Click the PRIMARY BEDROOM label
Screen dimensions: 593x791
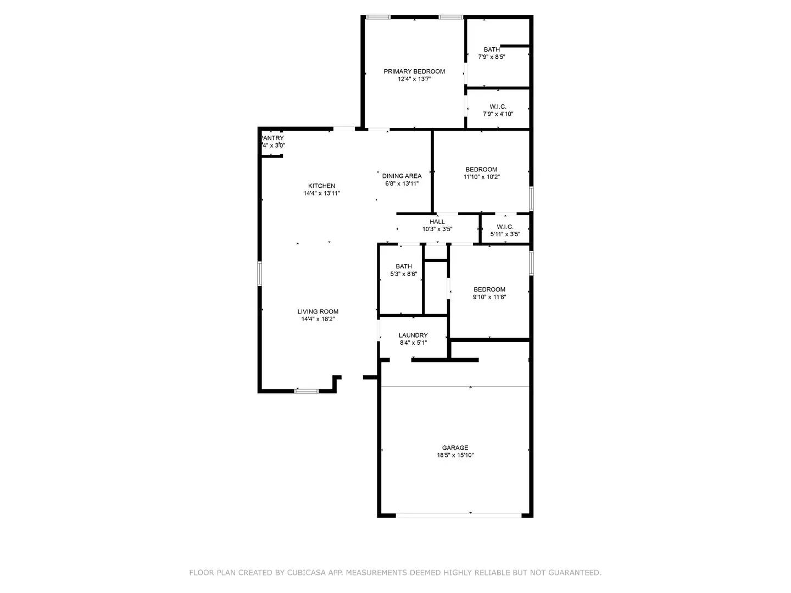(414, 71)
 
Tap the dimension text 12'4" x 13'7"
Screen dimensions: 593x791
(414, 79)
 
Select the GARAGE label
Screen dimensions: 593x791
(455, 447)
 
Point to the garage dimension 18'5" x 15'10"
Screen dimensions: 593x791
(455, 455)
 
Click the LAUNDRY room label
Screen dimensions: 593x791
(413, 335)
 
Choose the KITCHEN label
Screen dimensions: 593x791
(321, 186)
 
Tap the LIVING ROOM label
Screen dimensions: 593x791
(318, 312)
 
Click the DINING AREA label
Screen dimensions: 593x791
(402, 176)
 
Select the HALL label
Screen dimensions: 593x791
(437, 222)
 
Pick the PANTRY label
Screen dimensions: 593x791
(272, 138)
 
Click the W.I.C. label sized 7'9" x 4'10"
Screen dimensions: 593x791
(498, 107)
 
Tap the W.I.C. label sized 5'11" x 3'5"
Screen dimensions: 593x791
(505, 227)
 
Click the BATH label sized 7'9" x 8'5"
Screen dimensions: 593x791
(492, 49)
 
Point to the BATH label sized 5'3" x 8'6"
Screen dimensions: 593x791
(404, 266)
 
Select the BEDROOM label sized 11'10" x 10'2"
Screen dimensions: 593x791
(481, 170)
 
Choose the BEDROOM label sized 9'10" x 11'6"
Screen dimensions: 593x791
(489, 290)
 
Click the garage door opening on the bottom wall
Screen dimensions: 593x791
(459, 515)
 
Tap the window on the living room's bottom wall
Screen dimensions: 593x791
(307, 391)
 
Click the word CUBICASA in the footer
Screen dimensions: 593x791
(308, 573)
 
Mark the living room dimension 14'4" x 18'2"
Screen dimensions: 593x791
(318, 319)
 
